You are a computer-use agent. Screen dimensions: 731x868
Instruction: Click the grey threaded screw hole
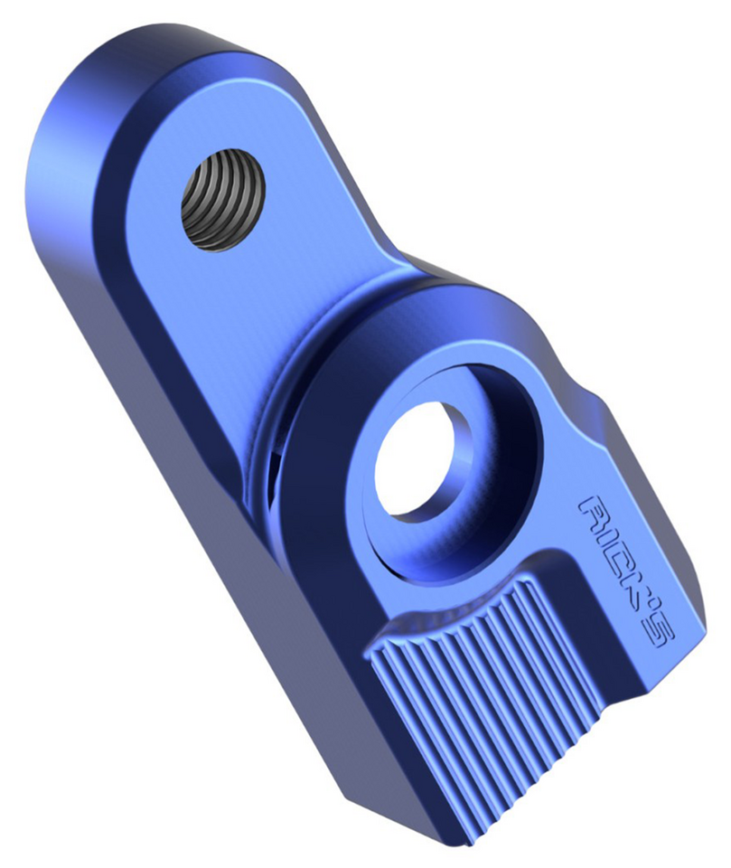coord(223,199)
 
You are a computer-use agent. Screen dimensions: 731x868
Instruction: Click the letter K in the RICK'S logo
coord(636,589)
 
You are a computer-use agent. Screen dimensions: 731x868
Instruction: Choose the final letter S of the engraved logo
coord(659,634)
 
